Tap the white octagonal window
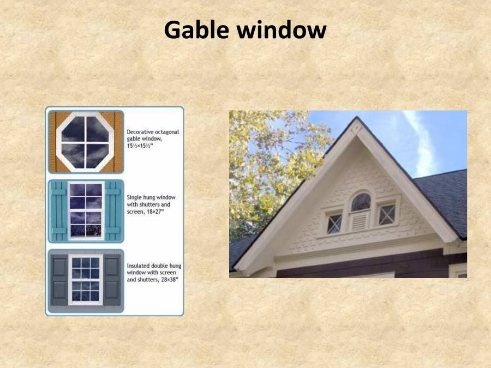tap(85, 140)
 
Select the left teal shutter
tap(58, 210)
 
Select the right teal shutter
tap(113, 210)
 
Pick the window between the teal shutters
tap(86, 210)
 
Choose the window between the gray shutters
tap(86, 279)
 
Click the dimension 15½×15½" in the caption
tap(140, 147)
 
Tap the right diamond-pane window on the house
tap(387, 214)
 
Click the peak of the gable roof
tap(356, 120)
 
